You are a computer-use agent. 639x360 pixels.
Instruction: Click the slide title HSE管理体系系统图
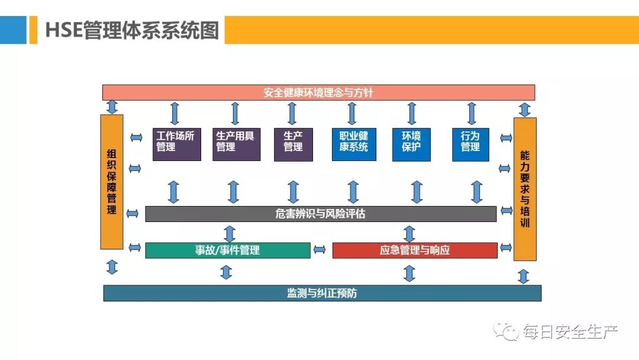click(132, 30)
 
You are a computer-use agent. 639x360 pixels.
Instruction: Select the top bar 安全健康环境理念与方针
click(318, 92)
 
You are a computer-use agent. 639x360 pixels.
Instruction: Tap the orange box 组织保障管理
click(112, 181)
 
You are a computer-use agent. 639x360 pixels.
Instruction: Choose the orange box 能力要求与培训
click(525, 189)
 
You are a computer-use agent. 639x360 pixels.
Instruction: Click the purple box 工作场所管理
click(176, 144)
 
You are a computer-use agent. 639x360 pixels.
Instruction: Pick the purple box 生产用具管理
click(236, 144)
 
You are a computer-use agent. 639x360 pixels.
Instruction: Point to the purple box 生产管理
click(293, 144)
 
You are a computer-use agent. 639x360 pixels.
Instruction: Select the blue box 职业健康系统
click(354, 144)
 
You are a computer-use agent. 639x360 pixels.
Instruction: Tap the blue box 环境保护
click(412, 144)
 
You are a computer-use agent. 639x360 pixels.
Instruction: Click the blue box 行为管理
click(470, 144)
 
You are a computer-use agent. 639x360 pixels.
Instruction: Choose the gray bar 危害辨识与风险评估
click(321, 214)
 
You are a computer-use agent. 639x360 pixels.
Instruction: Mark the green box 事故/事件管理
click(228, 250)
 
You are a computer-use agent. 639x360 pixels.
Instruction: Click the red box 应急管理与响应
click(415, 250)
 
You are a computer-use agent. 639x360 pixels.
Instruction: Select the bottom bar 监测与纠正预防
click(322, 293)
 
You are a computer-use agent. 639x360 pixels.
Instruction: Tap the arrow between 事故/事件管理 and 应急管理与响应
click(320, 250)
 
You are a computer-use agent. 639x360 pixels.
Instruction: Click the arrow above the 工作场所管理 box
click(175, 113)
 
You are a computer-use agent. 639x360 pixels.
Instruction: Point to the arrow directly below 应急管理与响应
click(409, 273)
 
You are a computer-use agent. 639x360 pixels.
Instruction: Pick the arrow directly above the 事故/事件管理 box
click(230, 233)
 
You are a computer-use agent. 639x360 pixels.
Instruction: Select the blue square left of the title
click(13, 30)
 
